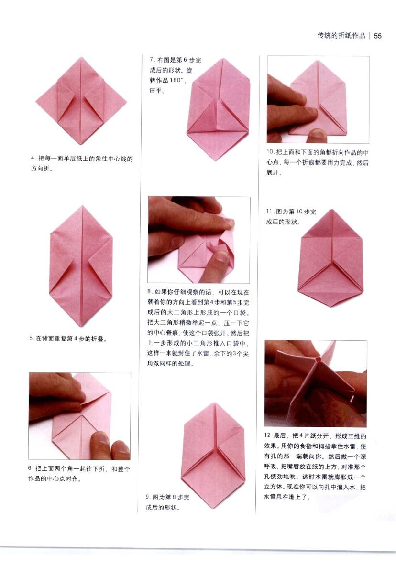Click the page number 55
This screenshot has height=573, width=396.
pyautogui.click(x=378, y=36)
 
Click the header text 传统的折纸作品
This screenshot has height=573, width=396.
pyautogui.click(x=341, y=36)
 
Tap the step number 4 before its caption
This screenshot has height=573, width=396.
pyautogui.click(x=33, y=158)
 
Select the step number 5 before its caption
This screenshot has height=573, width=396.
pyautogui.click(x=31, y=338)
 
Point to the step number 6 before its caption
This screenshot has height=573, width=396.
pyautogui.click(x=30, y=468)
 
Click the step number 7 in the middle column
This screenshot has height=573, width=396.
pyautogui.click(x=152, y=60)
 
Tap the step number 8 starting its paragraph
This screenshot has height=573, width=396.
pyautogui.click(x=149, y=292)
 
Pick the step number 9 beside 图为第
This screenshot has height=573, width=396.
pyautogui.click(x=148, y=497)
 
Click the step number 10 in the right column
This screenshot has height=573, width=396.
pyautogui.click(x=270, y=152)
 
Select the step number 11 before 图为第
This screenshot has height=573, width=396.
pyautogui.click(x=269, y=212)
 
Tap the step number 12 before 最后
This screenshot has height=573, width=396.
pyautogui.click(x=268, y=435)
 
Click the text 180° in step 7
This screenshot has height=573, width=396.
pyautogui.click(x=177, y=80)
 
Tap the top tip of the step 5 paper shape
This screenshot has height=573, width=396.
pyautogui.click(x=82, y=205)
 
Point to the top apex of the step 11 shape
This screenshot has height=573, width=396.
pyautogui.click(x=332, y=210)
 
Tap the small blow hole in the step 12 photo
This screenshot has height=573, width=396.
pyautogui.click(x=318, y=360)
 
